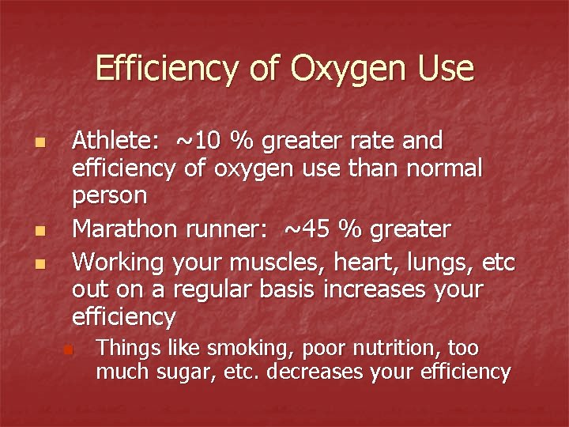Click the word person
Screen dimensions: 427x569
pos(109,195)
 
